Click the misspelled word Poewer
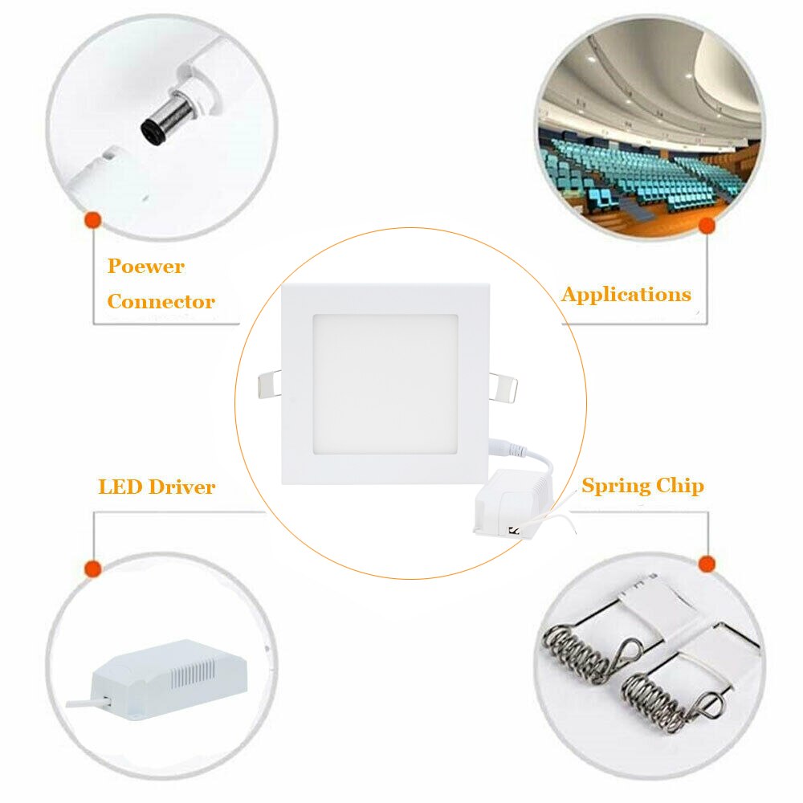coord(146,267)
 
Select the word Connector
coord(161,302)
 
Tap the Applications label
coord(626,294)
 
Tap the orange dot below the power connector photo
coord(92,219)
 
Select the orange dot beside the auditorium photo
coord(707,226)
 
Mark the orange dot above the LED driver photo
coord(93,569)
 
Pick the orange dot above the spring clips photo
coord(707,564)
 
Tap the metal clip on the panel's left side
coord(268,384)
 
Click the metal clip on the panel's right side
coord(503,385)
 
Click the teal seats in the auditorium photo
coord(634,173)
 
